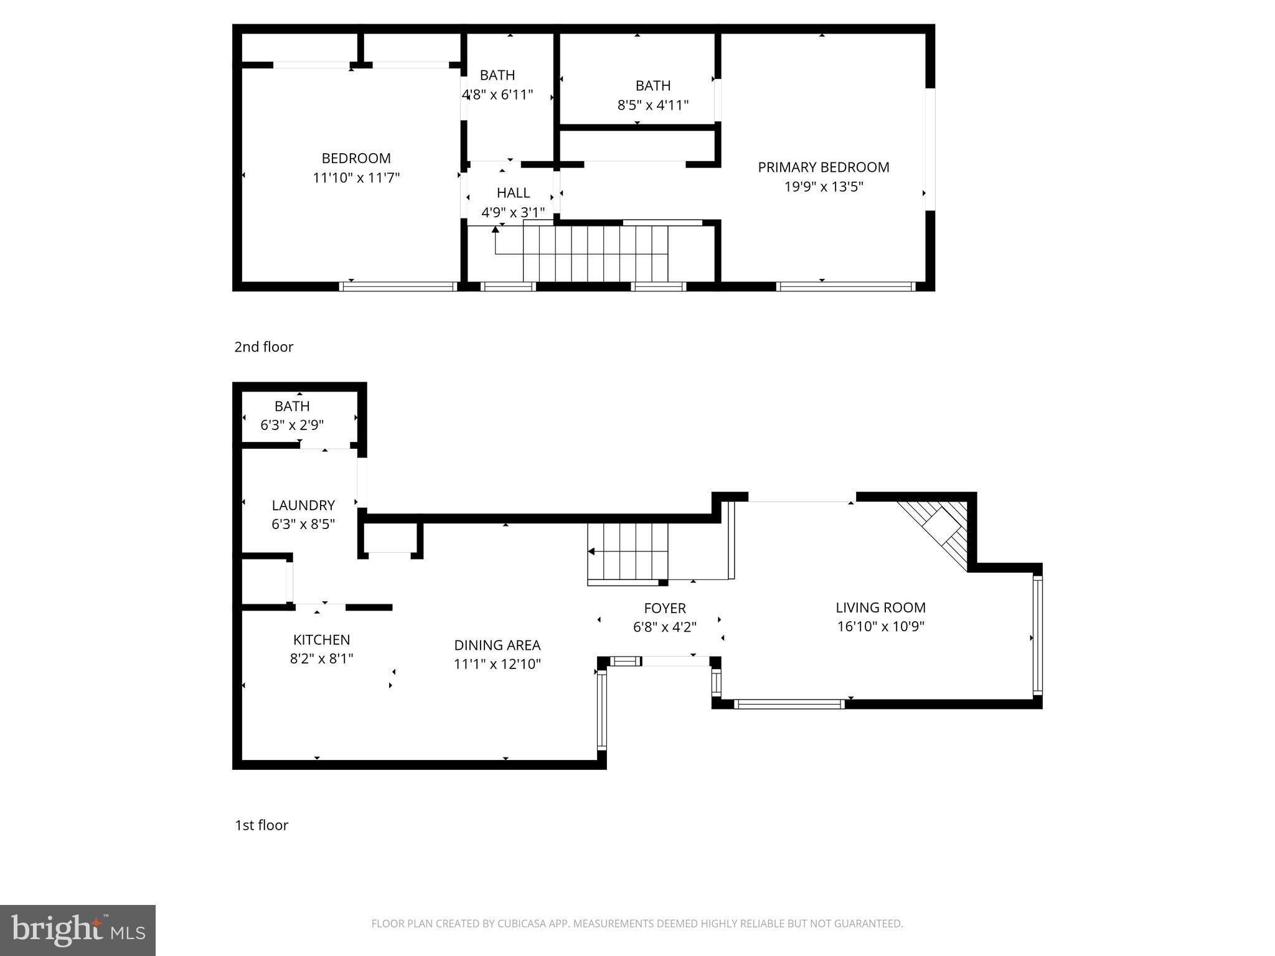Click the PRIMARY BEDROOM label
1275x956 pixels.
pyautogui.click(x=823, y=167)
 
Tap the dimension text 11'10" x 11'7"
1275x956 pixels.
pyautogui.click(x=356, y=178)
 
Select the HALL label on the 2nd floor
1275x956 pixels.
pyautogui.click(x=513, y=193)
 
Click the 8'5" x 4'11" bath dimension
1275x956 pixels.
pyautogui.click(x=652, y=105)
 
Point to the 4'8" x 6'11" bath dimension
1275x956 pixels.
pyautogui.click(x=497, y=95)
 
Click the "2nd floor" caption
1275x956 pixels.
pyautogui.click(x=263, y=347)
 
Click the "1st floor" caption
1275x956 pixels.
pyautogui.click(x=261, y=825)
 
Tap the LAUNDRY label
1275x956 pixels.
pyautogui.click(x=303, y=505)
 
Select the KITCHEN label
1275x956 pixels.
pyautogui.click(x=321, y=640)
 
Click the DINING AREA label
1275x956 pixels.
pyautogui.click(x=497, y=645)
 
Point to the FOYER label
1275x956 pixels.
pyautogui.click(x=665, y=608)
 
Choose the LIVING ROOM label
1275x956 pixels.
pyautogui.click(x=880, y=607)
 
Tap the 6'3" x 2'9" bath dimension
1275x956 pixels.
pyautogui.click(x=292, y=426)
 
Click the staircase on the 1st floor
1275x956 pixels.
pyautogui.click(x=628, y=551)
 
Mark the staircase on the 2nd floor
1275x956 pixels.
pyautogui.click(x=595, y=254)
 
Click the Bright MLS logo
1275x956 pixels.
pyautogui.click(x=78, y=930)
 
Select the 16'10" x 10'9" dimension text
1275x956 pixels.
pyautogui.click(x=880, y=627)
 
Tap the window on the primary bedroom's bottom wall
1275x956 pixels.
pyautogui.click(x=845, y=286)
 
